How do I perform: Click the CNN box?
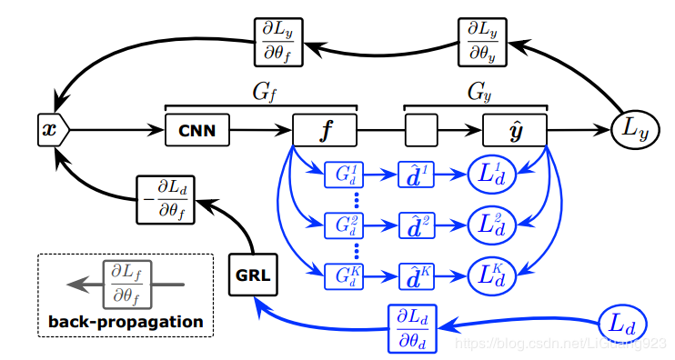[x=196, y=131]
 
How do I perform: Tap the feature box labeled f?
[x=325, y=131]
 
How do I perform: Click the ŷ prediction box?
[x=514, y=131]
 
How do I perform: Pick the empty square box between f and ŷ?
[x=421, y=131]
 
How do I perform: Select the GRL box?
[x=251, y=274]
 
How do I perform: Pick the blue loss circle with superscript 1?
[x=492, y=174]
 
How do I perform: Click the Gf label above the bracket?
[x=261, y=91]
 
